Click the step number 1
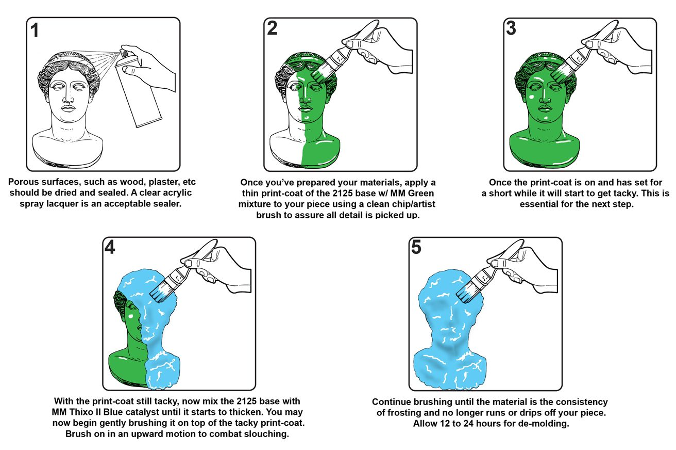[35, 30]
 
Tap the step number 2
[272, 28]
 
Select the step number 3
[511, 28]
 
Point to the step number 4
[110, 247]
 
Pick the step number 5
[416, 247]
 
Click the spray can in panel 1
[137, 88]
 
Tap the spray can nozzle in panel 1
[124, 53]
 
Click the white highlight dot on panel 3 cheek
[531, 97]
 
